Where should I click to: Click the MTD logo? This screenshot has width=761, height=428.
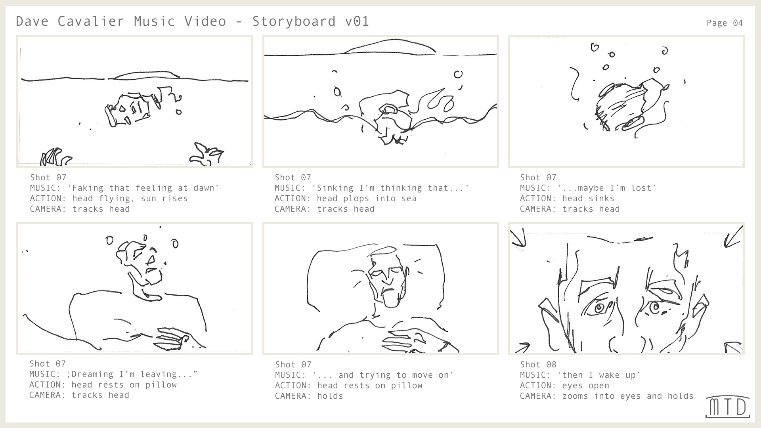pyautogui.click(x=728, y=407)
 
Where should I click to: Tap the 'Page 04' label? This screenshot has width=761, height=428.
pyautogui.click(x=725, y=23)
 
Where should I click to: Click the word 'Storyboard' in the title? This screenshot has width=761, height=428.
pyautogui.click(x=294, y=21)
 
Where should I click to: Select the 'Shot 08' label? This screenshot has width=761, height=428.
pyautogui.click(x=538, y=364)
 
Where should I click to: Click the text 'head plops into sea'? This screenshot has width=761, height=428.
pyautogui.click(x=366, y=199)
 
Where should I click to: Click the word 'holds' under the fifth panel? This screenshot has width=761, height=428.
pyautogui.click(x=330, y=396)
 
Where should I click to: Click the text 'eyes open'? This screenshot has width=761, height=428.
pyautogui.click(x=585, y=386)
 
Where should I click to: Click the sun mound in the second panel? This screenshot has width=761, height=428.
pyautogui.click(x=390, y=46)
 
